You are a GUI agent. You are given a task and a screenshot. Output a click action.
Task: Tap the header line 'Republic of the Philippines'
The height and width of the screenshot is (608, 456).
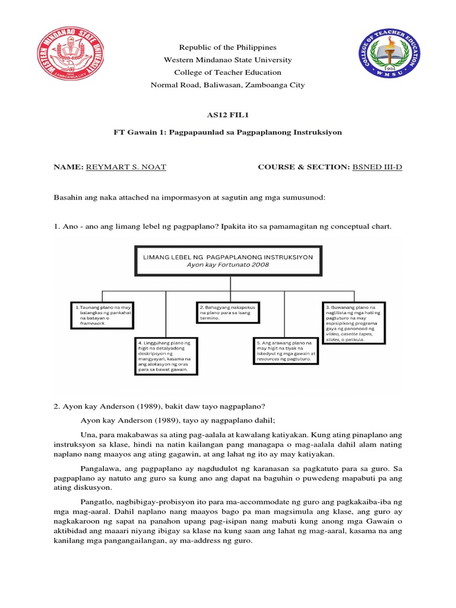click(x=228, y=47)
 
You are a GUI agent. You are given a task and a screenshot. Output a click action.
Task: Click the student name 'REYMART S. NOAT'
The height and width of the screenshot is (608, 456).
click(x=126, y=167)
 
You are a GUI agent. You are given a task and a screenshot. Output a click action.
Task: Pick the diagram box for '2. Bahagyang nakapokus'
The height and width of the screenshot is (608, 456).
click(x=229, y=312)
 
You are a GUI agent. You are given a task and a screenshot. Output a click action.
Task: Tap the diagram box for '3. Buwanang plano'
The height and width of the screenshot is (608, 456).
click(x=354, y=323)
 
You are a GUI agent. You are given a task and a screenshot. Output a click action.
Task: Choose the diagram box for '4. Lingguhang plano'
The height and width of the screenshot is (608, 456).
click(x=164, y=356)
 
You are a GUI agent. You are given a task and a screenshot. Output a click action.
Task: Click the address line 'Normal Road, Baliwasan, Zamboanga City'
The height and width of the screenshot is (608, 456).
click(x=228, y=85)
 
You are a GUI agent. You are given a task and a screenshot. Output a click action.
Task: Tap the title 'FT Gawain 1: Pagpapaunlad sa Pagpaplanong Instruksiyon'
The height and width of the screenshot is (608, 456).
click(x=228, y=132)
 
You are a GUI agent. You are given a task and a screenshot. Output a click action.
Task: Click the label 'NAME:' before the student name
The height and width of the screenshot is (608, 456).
click(x=69, y=167)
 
